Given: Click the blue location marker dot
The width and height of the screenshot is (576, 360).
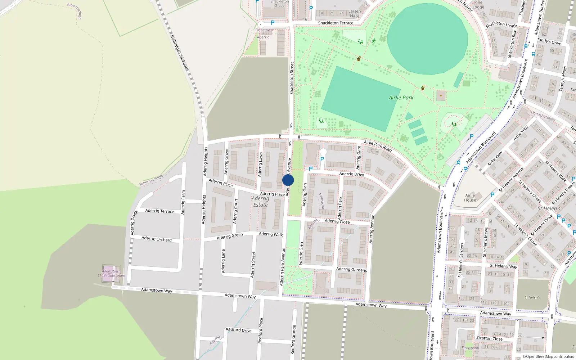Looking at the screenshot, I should (x=288, y=180).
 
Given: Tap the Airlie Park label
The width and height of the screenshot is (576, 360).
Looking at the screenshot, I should (x=401, y=98).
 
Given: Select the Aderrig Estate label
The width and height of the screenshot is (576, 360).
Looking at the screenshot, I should (x=260, y=202).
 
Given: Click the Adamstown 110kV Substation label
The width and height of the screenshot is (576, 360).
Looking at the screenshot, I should (x=111, y=273).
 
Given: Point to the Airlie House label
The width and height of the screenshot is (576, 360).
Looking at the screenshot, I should (x=470, y=198).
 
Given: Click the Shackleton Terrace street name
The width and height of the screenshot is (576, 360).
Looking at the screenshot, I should (x=336, y=23).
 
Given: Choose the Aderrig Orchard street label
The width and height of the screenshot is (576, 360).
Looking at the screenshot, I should (x=157, y=239).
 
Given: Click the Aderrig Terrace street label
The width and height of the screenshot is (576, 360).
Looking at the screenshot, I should (x=159, y=211).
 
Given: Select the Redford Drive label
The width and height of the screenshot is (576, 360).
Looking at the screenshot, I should (x=239, y=330).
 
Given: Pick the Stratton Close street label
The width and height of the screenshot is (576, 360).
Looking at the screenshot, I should (x=489, y=338).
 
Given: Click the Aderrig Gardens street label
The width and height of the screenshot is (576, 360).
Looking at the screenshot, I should (x=351, y=269).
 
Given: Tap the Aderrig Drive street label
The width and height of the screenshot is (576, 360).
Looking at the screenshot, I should (x=351, y=174).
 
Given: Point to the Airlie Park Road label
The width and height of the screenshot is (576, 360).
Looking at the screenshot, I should (x=378, y=145).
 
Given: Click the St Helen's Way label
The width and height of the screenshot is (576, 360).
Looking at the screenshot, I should (x=503, y=266).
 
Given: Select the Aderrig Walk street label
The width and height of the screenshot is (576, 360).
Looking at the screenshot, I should (x=271, y=234).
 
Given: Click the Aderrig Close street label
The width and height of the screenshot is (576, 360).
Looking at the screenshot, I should (x=337, y=221).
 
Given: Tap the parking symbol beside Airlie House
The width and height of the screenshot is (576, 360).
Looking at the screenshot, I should (x=492, y=195).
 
